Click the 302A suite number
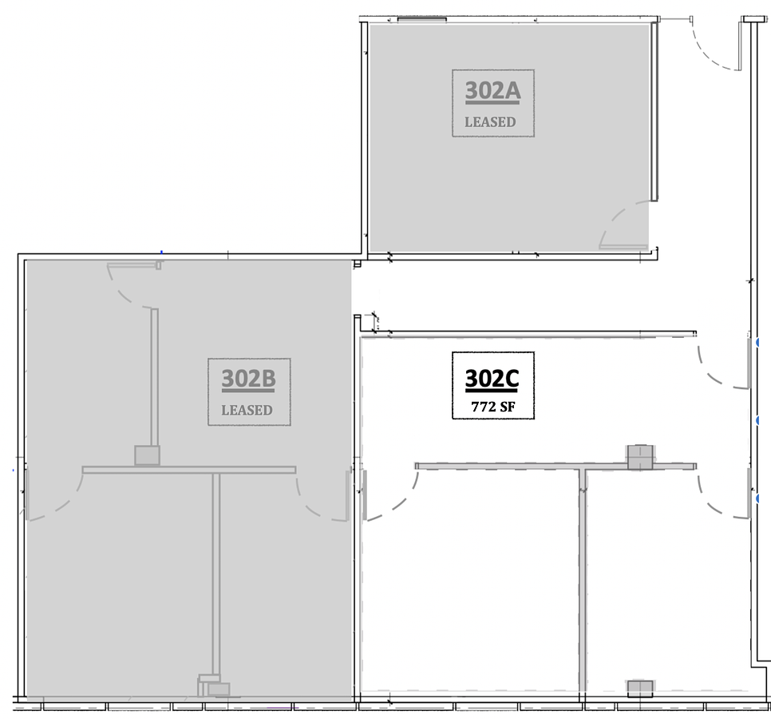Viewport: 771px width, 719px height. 492,91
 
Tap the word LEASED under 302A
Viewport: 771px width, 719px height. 490,122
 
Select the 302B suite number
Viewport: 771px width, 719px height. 248,379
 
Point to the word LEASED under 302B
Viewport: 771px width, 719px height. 247,410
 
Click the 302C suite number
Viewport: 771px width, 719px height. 492,379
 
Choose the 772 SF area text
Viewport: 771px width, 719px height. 493,407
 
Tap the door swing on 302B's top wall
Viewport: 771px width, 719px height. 133,285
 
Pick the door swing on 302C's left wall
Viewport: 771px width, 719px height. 390,495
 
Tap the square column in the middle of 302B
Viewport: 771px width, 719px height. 147,455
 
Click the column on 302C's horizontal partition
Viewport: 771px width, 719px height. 640,458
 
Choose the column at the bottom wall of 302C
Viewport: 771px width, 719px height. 640,689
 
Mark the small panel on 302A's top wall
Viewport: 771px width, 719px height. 422,20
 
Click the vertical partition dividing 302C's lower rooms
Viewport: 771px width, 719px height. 583,581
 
